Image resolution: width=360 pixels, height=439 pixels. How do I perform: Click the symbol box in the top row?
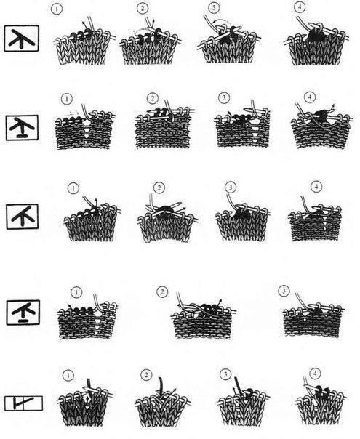tap(22, 39)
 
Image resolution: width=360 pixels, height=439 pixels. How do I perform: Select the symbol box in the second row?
tap(22, 128)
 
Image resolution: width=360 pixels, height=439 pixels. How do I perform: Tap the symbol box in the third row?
tap(23, 217)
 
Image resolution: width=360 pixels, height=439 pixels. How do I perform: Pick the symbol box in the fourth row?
tap(23, 313)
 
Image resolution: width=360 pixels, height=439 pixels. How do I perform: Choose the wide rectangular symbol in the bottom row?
tap(23, 403)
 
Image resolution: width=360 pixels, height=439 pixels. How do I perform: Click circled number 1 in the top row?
tap(57, 9)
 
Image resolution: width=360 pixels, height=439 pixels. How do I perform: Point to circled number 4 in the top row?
tap(300, 7)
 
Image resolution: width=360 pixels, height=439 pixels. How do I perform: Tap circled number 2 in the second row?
tap(153, 98)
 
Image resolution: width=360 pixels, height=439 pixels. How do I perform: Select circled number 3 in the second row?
tap(224, 97)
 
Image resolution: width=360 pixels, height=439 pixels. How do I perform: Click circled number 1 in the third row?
tap(73, 188)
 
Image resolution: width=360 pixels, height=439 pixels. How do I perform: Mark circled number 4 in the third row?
tap(316, 187)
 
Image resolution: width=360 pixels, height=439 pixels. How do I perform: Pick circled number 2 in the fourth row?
tap(162, 292)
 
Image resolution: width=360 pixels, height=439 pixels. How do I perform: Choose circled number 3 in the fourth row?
tap(284, 291)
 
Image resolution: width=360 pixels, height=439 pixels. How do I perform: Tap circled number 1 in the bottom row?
tap(68, 375)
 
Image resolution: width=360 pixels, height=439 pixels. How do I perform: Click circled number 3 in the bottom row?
tap(225, 374)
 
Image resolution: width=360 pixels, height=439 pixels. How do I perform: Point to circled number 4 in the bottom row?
tap(315, 374)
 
